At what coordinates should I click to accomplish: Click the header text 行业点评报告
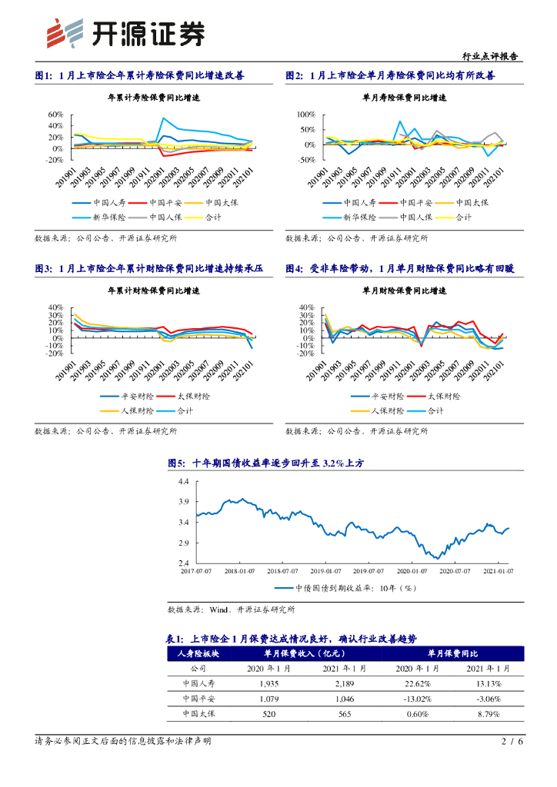[489, 56]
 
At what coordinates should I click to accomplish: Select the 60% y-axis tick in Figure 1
[55, 115]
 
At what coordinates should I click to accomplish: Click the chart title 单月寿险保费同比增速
[404, 98]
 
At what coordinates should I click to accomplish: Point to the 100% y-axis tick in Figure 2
[305, 115]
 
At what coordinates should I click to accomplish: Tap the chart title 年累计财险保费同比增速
[153, 291]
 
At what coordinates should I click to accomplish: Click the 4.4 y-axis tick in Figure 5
[183, 481]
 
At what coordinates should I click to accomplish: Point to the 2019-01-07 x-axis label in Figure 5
[327, 571]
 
